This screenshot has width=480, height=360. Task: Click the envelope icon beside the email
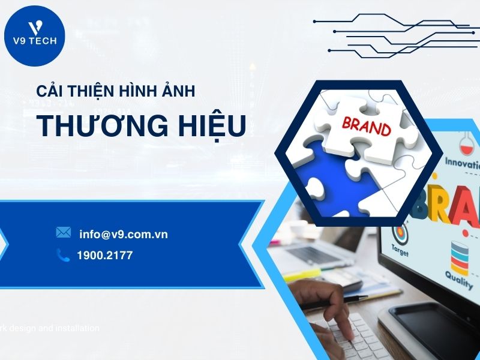pos(63,232)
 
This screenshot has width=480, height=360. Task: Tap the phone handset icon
pos(63,255)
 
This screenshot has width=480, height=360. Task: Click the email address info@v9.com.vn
pos(123,234)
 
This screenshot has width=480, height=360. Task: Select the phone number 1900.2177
pos(104,256)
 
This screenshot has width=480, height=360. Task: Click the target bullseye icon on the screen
pos(400,231)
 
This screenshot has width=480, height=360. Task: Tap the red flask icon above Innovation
pos(466,144)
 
